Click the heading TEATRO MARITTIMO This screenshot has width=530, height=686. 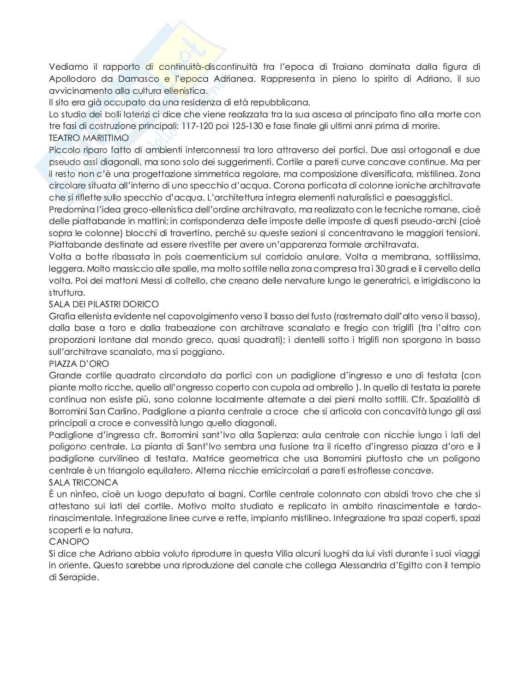pyautogui.click(x=89, y=138)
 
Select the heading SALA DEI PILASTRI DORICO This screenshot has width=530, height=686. pyautogui.click(x=103, y=304)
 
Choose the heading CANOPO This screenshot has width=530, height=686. pyautogui.click(x=69, y=541)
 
